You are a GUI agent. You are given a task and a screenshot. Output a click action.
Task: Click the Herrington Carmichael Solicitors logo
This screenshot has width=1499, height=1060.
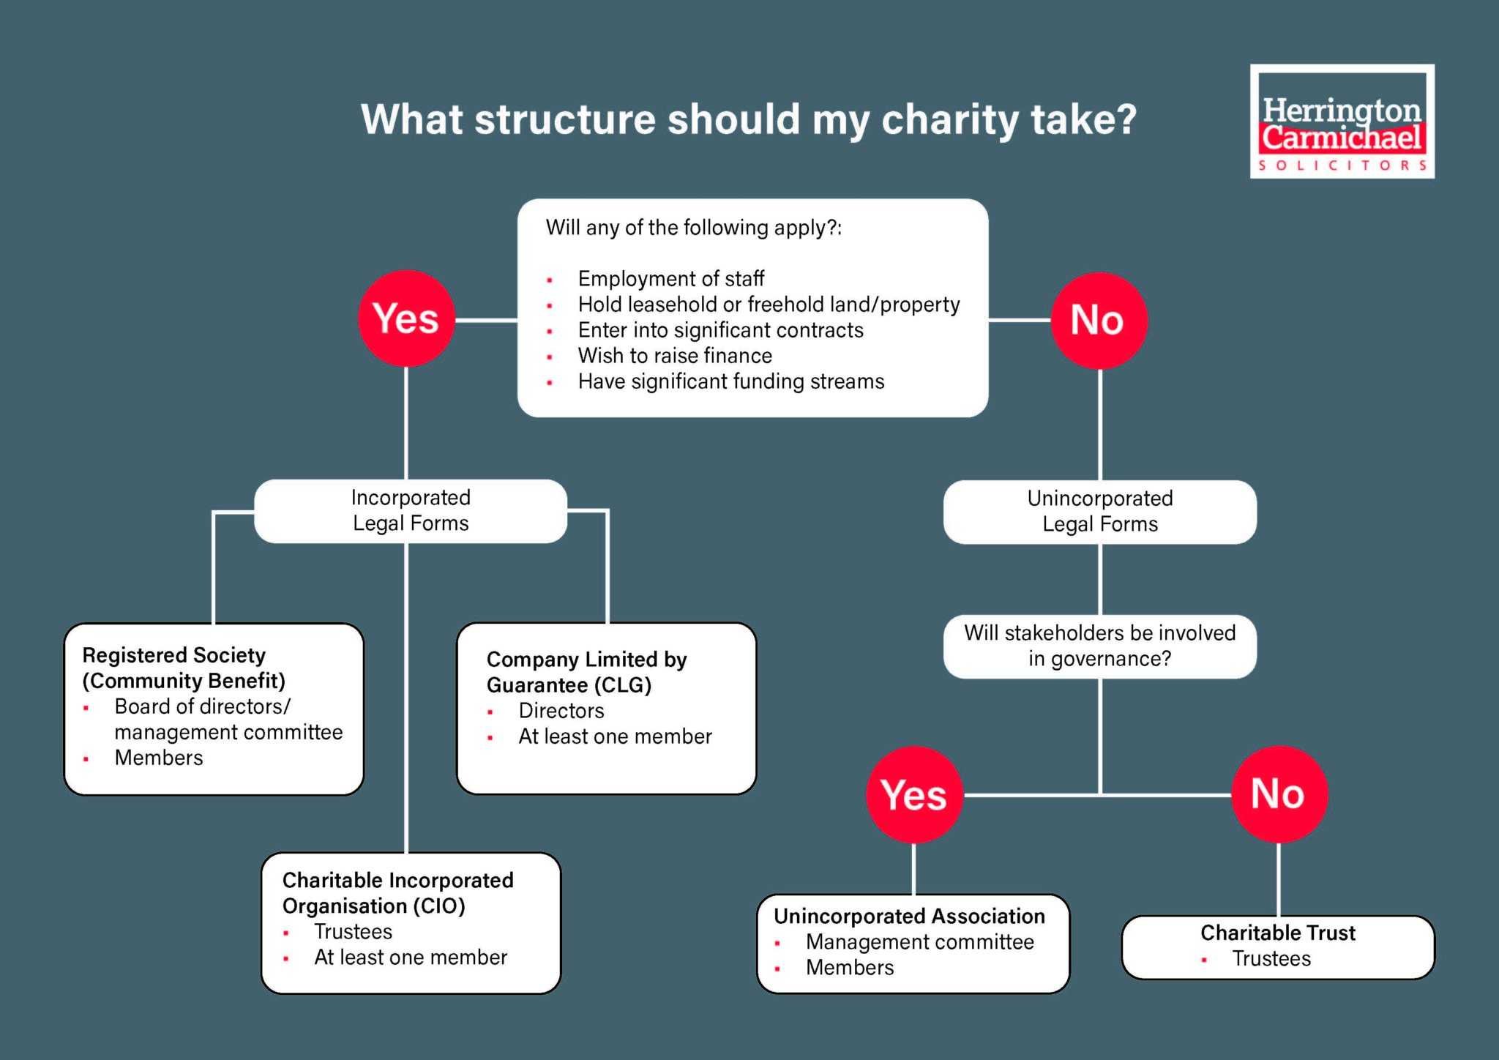1342,122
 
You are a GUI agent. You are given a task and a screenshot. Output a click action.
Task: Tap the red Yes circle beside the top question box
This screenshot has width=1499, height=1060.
406,319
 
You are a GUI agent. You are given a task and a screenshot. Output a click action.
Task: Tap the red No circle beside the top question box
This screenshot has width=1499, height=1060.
1098,321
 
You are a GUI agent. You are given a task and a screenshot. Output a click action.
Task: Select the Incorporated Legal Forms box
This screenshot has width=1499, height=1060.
410,511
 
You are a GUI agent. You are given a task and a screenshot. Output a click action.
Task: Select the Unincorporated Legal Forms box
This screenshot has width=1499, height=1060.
1099,512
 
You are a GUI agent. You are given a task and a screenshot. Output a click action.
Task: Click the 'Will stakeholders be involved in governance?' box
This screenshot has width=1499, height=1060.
1099,646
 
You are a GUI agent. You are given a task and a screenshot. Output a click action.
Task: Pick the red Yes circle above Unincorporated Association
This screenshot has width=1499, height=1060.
913,795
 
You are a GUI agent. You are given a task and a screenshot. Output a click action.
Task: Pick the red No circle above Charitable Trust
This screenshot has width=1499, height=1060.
1278,794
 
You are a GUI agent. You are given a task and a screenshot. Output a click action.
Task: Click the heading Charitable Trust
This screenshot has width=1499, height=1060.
1278,933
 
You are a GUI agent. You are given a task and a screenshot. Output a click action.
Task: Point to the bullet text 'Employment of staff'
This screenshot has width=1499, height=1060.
670,279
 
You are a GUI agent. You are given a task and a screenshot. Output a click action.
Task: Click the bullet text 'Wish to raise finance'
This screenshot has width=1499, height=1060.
675,356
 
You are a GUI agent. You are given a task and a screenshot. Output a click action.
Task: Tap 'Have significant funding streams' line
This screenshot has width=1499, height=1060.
730,381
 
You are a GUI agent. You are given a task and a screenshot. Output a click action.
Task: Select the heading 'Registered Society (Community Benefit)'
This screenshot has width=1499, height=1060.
183,668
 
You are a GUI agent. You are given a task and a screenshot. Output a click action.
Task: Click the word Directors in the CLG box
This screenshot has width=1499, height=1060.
561,711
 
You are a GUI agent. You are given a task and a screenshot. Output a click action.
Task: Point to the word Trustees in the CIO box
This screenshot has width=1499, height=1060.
353,932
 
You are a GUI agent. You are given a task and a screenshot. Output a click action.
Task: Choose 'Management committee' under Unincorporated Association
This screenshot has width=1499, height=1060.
919,942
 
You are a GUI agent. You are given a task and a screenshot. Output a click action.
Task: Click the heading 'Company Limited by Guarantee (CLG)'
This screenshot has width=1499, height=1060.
586,672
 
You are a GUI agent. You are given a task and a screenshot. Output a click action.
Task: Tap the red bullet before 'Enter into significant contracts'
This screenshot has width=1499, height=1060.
550,332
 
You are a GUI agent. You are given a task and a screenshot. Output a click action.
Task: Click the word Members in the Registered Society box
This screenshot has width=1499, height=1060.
159,758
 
